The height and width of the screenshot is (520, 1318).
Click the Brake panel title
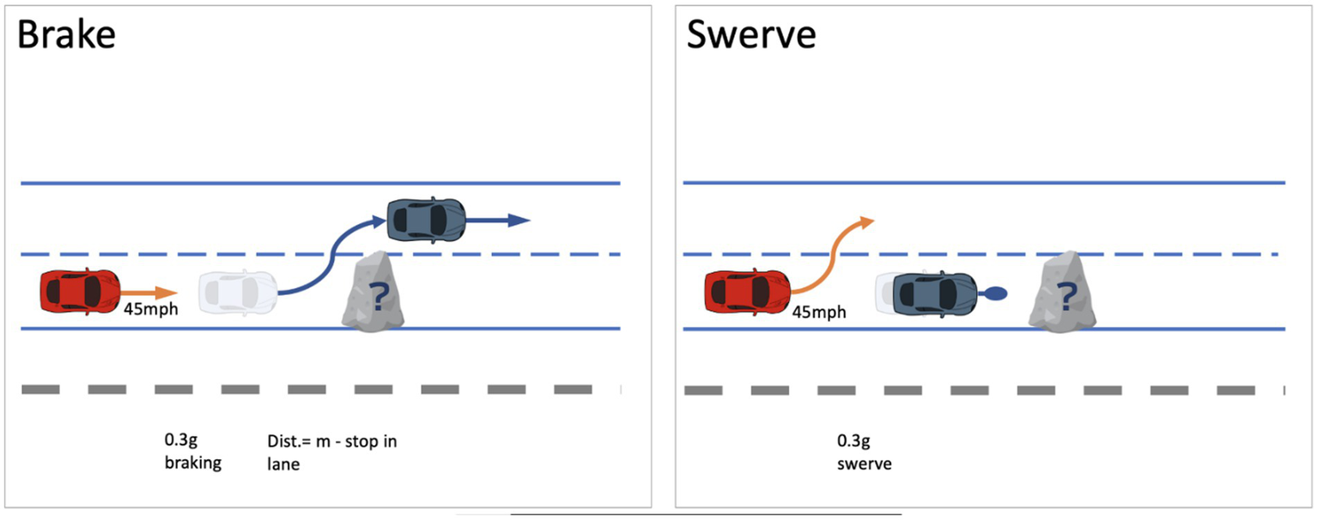coord(67,37)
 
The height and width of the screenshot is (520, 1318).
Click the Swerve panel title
coord(751,37)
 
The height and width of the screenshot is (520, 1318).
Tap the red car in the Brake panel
coord(79,291)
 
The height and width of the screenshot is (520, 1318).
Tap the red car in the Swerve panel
coord(746,291)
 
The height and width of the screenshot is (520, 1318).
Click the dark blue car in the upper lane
coord(426,220)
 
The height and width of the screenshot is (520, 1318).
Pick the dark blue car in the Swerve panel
coord(933,292)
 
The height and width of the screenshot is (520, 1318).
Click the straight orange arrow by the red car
coord(148,293)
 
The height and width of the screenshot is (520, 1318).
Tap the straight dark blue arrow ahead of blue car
coord(497,221)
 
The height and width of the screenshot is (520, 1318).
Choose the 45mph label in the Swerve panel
coord(818,312)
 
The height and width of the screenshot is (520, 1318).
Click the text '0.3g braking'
coord(192,452)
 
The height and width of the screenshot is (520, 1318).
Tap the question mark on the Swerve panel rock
coord(1067,297)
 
